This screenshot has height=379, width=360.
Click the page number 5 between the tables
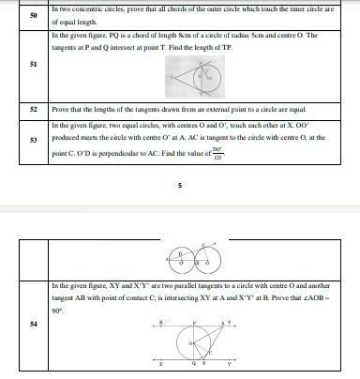179,186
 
